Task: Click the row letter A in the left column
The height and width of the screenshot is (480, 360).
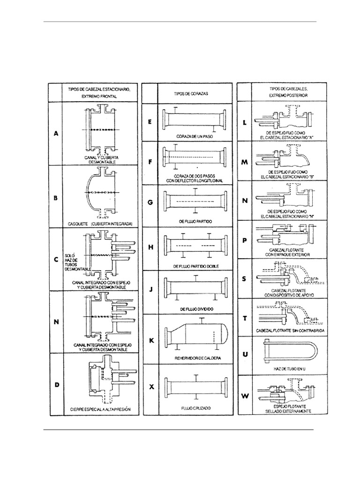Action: (56, 133)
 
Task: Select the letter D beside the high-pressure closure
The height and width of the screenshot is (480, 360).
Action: (56, 385)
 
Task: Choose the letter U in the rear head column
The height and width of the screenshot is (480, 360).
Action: (245, 354)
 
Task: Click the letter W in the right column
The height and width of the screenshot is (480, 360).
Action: (245, 396)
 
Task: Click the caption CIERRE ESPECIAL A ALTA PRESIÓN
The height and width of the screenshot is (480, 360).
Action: (99, 409)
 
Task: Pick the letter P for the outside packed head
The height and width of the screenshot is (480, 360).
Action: (245, 240)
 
